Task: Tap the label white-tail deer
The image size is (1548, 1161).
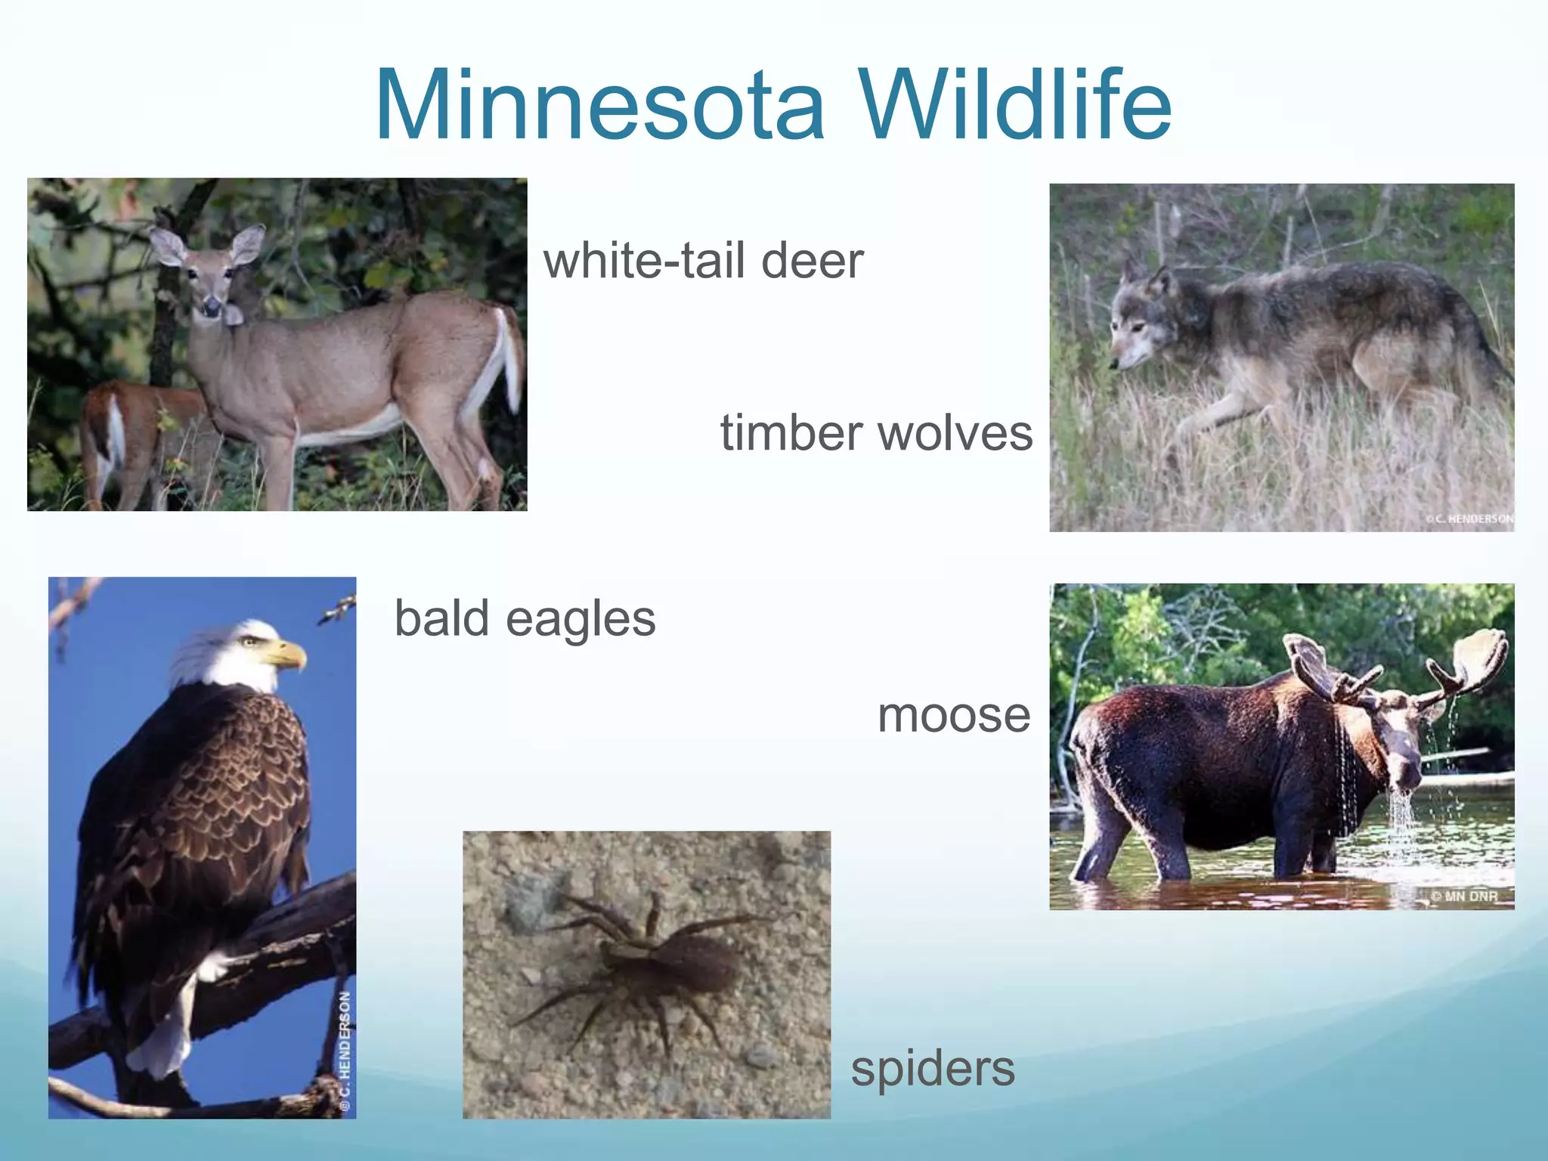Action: (x=703, y=261)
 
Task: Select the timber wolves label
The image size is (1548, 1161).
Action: (x=875, y=433)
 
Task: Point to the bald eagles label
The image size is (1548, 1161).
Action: (x=525, y=618)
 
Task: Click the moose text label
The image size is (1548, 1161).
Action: (x=953, y=715)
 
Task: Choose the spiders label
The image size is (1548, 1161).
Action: (x=932, y=1069)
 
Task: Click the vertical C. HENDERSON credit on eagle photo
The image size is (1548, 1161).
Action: (x=345, y=1051)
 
